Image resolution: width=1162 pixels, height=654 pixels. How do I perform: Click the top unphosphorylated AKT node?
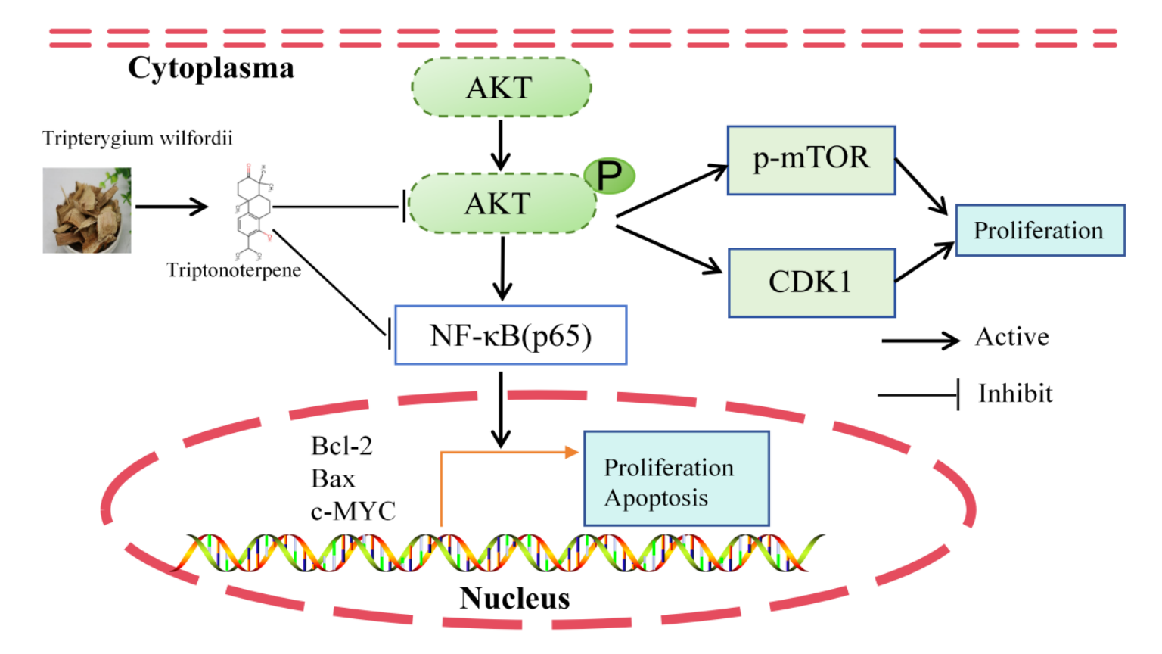pos(501,88)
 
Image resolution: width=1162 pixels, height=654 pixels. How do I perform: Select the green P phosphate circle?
pos(609,176)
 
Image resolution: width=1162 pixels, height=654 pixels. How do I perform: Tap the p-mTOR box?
pos(811,160)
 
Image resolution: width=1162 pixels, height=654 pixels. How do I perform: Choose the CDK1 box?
pos(811,282)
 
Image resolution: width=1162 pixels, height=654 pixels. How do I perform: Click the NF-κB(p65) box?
pos(511,335)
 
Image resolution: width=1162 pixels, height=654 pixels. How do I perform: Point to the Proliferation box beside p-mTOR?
pos(1039,230)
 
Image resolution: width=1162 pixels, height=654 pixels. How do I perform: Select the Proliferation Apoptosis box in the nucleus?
pos(676,478)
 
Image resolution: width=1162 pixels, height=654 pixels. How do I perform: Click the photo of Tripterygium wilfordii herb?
pos(87,210)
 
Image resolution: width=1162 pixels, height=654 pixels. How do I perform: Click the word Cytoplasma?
pos(210,68)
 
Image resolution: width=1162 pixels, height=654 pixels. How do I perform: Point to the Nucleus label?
pos(514,598)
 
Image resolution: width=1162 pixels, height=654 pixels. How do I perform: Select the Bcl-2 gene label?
pos(341,446)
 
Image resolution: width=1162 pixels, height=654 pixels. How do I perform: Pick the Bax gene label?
pos(333,479)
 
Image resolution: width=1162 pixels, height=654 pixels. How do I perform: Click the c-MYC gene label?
pos(353,512)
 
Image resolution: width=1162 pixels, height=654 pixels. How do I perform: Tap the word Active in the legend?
pos(1011,337)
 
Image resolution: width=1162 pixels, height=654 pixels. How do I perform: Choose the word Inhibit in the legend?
pos(1014,394)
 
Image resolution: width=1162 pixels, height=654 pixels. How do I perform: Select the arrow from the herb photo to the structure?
pos(171,206)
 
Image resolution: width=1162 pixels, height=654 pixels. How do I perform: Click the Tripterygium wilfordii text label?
pos(137,139)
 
